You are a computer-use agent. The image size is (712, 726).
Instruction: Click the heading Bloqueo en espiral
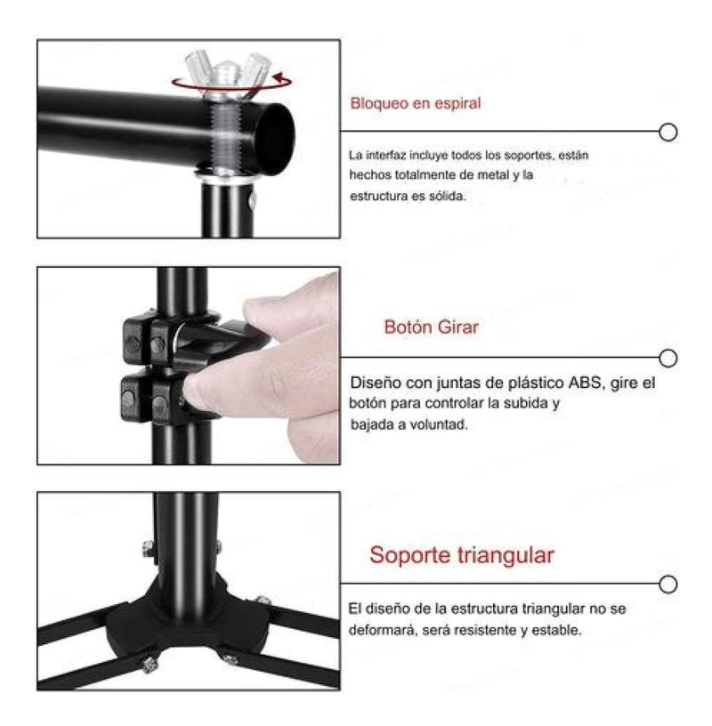click(x=416, y=103)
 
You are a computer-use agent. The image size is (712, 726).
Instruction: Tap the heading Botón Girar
click(x=432, y=327)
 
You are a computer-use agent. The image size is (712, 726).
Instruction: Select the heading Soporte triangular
click(x=462, y=555)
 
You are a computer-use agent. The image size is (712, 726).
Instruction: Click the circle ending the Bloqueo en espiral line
click(x=668, y=132)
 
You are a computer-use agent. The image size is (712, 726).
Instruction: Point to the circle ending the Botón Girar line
click(x=668, y=358)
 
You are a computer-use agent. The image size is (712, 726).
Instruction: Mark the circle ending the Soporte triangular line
click(x=668, y=584)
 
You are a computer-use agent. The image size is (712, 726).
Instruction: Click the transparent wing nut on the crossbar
click(x=227, y=73)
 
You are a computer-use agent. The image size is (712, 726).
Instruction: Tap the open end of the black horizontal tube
click(x=275, y=138)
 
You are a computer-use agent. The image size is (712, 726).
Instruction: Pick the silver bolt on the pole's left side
click(x=149, y=549)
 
